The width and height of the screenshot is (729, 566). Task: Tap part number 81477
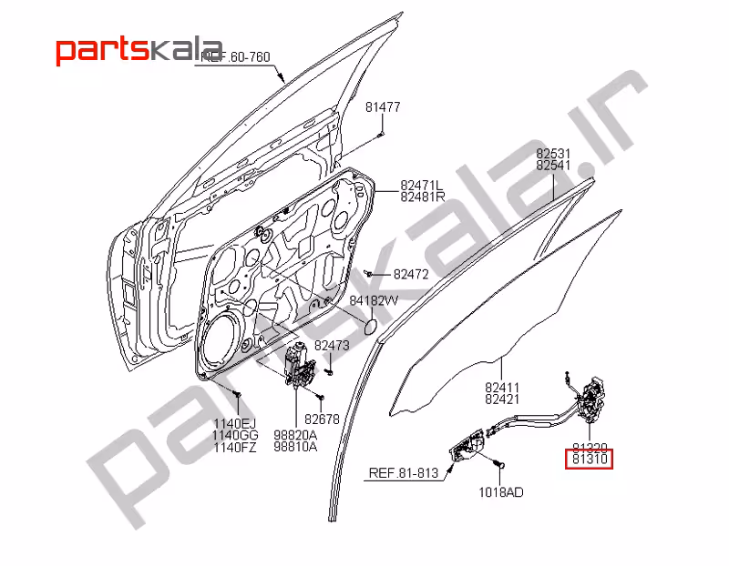[383, 107]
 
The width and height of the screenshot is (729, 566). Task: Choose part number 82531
[553, 154]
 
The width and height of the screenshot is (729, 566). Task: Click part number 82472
[410, 274]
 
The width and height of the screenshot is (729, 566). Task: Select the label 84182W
[374, 301]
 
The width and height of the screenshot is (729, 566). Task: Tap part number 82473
[333, 347]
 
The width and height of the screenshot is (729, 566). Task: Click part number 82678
[322, 419]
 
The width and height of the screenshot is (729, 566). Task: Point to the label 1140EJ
[236, 423]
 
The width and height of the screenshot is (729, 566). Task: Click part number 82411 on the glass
[502, 387]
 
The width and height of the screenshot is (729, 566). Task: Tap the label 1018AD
[501, 492]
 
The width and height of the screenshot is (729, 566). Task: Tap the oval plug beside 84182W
[372, 325]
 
